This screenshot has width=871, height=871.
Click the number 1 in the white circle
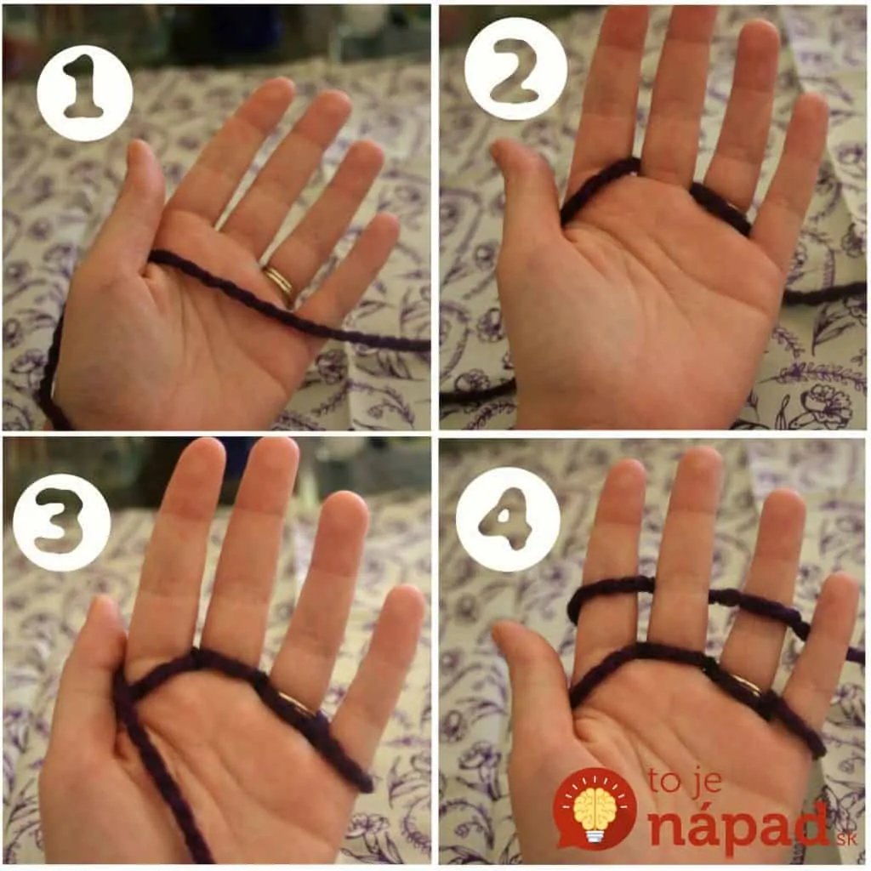(x=83, y=88)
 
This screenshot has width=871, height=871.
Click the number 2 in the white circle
(x=515, y=71)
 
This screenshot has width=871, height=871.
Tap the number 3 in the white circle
(x=60, y=522)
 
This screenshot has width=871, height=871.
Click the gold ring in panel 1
(x=279, y=282)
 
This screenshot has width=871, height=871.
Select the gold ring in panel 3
(x=298, y=703)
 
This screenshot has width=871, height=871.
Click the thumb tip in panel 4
(x=504, y=631)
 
